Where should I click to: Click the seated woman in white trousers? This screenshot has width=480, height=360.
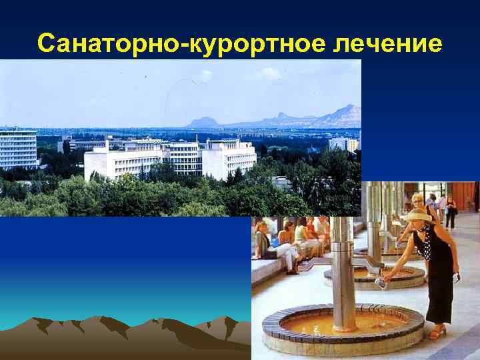click(283, 243)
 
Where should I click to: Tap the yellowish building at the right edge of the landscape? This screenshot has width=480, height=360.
click(352, 144)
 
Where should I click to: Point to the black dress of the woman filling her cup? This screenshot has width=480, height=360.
click(440, 273)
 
